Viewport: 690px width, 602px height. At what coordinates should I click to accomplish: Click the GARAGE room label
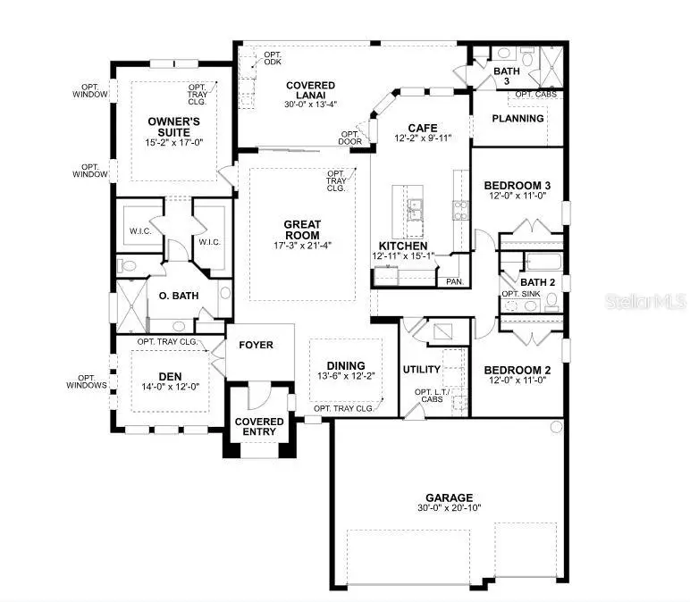(x=449, y=497)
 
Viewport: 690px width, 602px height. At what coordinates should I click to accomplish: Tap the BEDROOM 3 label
(x=518, y=185)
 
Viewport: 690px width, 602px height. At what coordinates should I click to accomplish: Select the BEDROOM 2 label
(x=518, y=370)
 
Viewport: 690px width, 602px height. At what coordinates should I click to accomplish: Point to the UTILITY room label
(x=422, y=368)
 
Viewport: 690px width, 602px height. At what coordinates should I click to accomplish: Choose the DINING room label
(x=345, y=364)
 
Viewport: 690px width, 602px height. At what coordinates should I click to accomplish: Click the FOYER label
(x=255, y=345)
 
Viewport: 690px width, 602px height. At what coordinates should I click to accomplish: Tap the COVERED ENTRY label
(x=259, y=427)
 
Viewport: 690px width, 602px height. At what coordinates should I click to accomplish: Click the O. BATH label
(x=177, y=296)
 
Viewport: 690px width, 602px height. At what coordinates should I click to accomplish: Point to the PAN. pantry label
(x=455, y=281)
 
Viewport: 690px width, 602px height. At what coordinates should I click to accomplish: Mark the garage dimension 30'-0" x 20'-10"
(x=449, y=510)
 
